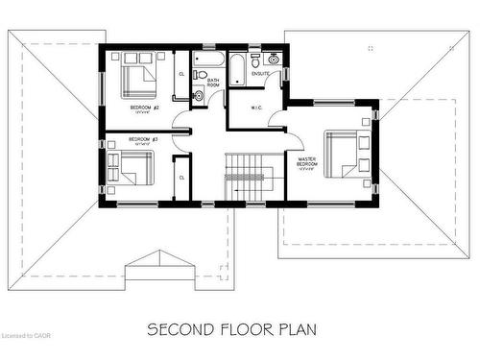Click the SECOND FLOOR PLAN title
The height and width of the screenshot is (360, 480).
[x=231, y=328]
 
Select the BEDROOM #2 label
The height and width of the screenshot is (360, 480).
[x=132, y=108]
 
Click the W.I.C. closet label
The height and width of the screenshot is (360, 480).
[x=256, y=108]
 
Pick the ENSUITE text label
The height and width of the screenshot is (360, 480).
[x=260, y=74]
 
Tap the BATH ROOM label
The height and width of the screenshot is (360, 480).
[x=213, y=83]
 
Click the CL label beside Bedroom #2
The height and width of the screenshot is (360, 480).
[x=181, y=74]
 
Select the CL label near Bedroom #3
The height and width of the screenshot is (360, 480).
[x=181, y=177]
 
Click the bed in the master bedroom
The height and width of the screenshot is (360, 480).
[x=344, y=155]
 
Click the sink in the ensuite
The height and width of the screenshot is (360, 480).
[x=274, y=59]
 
